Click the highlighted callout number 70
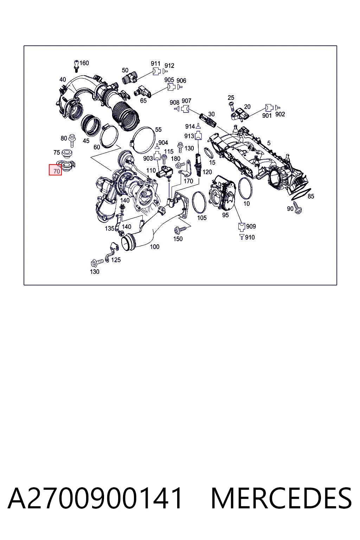point(56,171)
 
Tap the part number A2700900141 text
point(95,498)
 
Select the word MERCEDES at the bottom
point(281,498)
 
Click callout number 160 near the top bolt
point(84,63)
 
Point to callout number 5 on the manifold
point(269,143)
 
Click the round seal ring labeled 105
point(193,202)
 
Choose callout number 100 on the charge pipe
point(155,246)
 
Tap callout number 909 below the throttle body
point(251,226)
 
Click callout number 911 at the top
point(155,63)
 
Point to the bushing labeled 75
point(67,153)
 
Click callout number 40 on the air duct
point(63,79)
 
